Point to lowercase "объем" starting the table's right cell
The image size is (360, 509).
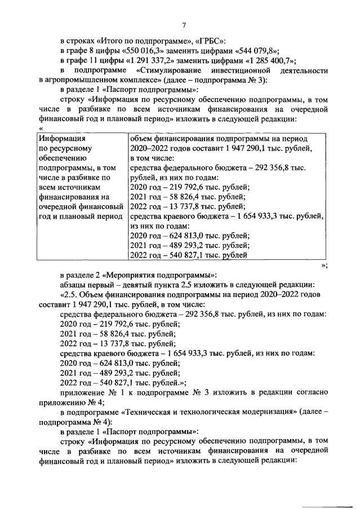click(141, 138)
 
